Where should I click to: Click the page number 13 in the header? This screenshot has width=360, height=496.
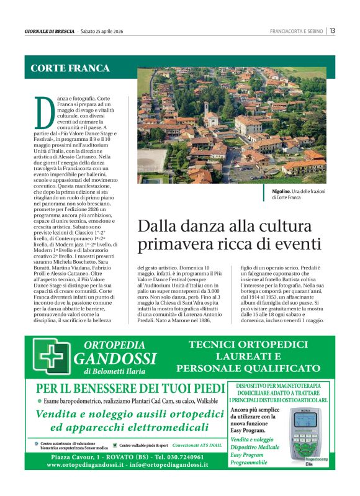[333, 30]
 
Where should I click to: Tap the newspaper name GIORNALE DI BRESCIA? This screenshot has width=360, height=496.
[50, 31]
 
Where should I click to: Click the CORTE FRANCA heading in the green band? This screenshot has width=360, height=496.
[70, 68]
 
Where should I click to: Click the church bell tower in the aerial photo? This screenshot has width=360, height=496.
[206, 110]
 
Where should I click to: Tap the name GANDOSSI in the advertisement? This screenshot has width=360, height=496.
[115, 359]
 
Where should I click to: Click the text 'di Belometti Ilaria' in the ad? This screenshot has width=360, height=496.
[115, 371]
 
